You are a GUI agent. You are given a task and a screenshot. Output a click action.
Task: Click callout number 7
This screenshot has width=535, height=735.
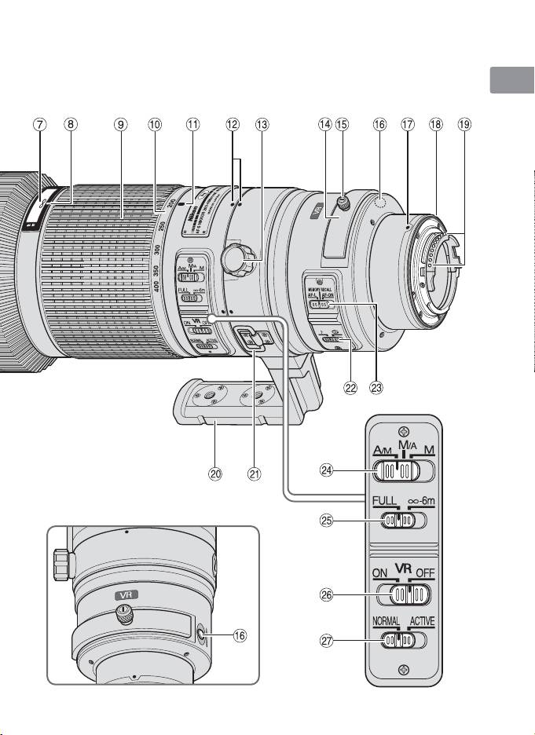tap(41, 124)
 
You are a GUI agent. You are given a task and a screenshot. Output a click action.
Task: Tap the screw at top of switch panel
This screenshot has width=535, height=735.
tap(402, 430)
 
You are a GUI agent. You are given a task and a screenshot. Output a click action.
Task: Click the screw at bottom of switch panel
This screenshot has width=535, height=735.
tap(403, 670)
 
